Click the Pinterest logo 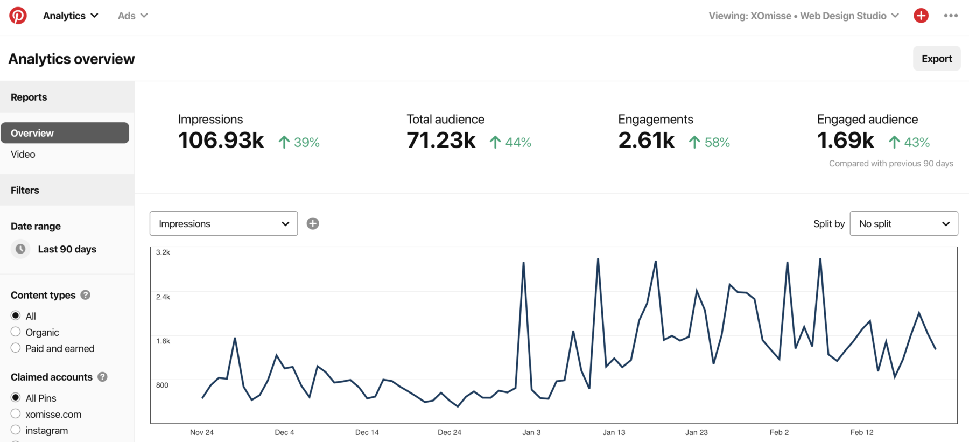(x=18, y=16)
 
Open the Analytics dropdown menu (x=71, y=16)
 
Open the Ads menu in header (x=132, y=16)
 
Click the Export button (x=936, y=59)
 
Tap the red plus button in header (x=921, y=16)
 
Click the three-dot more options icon (x=951, y=16)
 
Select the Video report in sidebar (x=23, y=155)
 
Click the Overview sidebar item (x=65, y=133)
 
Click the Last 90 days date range (x=67, y=249)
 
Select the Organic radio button (x=16, y=332)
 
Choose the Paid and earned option (x=16, y=348)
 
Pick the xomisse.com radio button (x=16, y=413)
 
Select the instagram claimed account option (x=16, y=430)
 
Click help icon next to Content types (x=85, y=295)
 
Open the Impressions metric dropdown (x=223, y=223)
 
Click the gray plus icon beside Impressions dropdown (x=313, y=223)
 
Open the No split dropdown (x=903, y=223)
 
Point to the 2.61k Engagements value (x=646, y=141)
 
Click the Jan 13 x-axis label (x=614, y=432)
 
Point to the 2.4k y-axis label (x=163, y=297)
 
